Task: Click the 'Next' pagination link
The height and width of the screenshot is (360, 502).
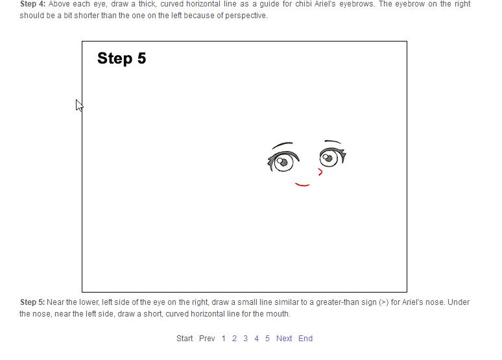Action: tap(284, 339)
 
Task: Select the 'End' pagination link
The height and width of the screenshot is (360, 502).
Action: tap(305, 339)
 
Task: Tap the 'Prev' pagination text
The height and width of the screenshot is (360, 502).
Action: tap(207, 339)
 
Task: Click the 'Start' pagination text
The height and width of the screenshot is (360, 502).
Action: tap(185, 339)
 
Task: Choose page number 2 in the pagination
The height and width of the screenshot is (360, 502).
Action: tap(234, 339)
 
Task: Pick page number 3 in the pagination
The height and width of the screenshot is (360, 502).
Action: tap(245, 339)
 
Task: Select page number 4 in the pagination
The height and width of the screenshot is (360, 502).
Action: tap(256, 339)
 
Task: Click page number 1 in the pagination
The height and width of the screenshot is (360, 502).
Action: tap(224, 339)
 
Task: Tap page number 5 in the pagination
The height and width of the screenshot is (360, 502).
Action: tap(267, 339)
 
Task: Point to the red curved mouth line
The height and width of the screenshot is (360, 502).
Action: tap(302, 185)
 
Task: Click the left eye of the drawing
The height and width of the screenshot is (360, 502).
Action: tap(283, 162)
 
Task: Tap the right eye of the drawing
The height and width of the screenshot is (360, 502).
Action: tap(332, 157)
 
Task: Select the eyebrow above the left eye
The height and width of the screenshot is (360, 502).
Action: tap(281, 144)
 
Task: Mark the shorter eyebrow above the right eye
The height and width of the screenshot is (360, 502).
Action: tap(333, 141)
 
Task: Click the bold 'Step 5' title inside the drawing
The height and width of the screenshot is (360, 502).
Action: tap(122, 58)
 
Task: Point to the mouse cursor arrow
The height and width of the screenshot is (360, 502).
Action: tap(78, 105)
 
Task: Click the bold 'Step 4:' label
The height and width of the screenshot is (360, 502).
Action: tap(32, 4)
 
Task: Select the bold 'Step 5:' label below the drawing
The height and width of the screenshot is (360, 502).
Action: tap(32, 302)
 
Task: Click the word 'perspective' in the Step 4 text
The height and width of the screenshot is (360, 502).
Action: tap(246, 16)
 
